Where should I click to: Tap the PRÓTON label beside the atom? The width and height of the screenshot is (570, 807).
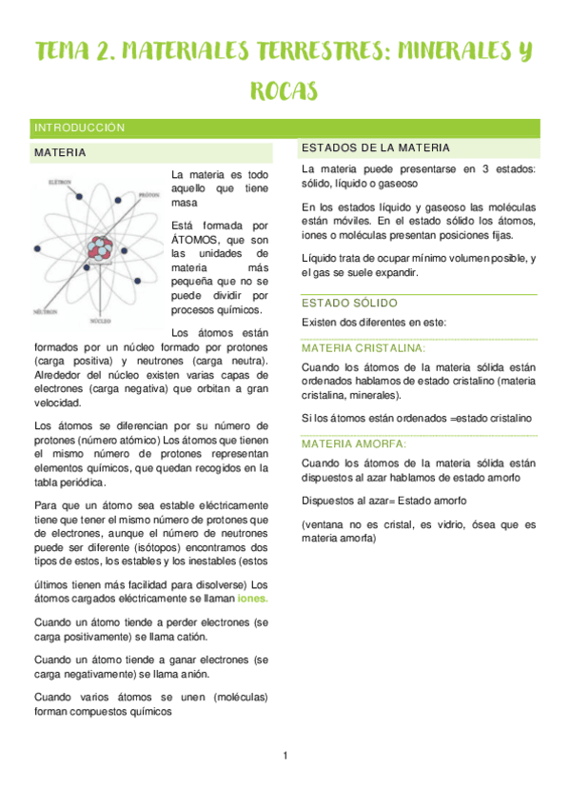click(x=147, y=194)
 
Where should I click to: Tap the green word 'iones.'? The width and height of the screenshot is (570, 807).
click(x=252, y=599)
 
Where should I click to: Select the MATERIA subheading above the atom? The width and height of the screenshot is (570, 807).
click(x=60, y=152)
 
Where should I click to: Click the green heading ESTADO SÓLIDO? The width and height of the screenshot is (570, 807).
click(x=345, y=303)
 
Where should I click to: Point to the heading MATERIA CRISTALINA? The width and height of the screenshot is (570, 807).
click(x=363, y=348)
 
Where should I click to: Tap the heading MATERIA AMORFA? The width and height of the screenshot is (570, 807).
click(x=353, y=444)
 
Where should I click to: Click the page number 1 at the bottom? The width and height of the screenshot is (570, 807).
click(x=285, y=756)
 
